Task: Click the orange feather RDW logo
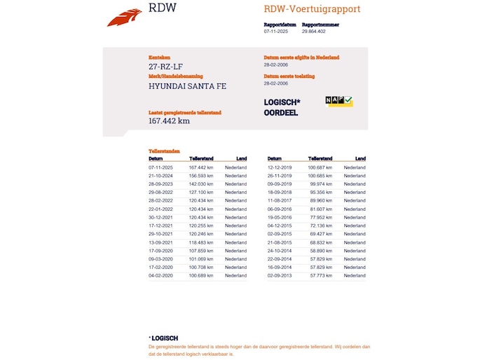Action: tap(124, 17)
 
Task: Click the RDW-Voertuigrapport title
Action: tap(312, 9)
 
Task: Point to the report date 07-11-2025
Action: tap(277, 32)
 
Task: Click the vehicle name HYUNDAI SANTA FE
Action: tap(187, 86)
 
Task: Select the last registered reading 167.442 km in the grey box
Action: tap(169, 120)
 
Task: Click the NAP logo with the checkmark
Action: tap(339, 101)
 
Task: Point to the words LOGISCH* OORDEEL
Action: tap(282, 107)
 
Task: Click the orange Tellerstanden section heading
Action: tap(164, 151)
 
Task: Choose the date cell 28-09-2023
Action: tap(160, 184)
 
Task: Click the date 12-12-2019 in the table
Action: tap(280, 167)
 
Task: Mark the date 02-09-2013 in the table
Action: tap(280, 276)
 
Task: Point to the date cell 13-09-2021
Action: tap(160, 242)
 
